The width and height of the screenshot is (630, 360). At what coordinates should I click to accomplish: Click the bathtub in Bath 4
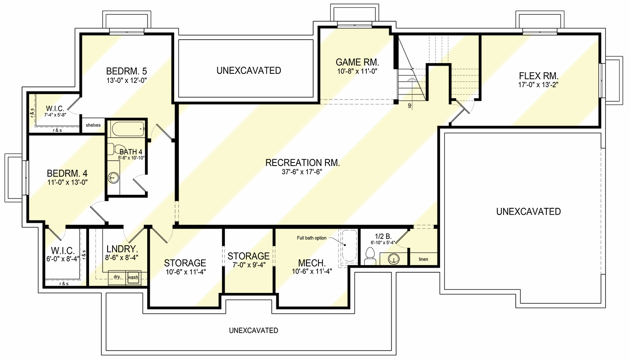coord(127,129)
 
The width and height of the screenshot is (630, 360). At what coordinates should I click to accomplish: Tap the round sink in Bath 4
coord(112,179)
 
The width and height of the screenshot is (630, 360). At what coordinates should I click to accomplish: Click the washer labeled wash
coord(133,277)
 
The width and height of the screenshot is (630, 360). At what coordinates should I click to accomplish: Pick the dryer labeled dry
coord(117,277)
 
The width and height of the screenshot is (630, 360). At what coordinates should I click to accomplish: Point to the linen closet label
coord(423,260)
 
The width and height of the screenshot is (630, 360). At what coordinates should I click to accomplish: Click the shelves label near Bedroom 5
coord(93,125)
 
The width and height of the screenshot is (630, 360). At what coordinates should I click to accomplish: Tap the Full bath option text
coord(313,238)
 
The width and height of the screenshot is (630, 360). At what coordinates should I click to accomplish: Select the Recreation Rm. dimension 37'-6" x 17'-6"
coord(302,171)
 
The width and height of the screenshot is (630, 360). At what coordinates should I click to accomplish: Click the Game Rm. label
coord(358,62)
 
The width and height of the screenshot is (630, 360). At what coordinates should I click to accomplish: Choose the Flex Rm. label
coord(539,75)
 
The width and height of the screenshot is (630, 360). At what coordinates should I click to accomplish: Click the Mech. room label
coord(312,262)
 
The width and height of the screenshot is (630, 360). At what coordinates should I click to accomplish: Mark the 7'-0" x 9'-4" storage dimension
coord(248,265)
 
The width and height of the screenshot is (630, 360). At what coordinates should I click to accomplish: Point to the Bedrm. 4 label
coord(67,173)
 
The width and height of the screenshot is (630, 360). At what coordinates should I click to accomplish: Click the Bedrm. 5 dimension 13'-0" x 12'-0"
coord(126,80)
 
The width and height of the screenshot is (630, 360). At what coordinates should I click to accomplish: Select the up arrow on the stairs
coord(409,92)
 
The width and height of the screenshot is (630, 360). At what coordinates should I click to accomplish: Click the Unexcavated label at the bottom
coord(253,330)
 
